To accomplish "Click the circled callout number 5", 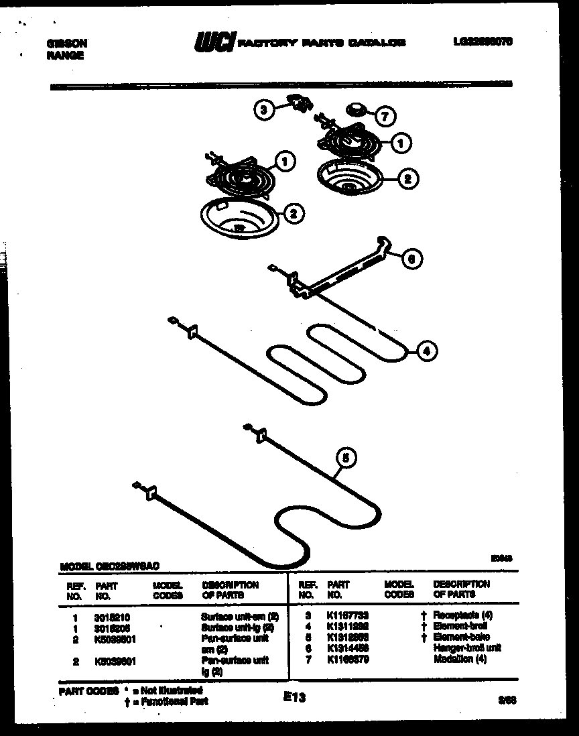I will point(345,458).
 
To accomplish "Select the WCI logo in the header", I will point(214,43).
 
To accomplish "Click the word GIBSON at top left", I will point(66,43).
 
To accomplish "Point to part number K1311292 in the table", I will point(348,625).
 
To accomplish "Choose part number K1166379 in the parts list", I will point(348,660).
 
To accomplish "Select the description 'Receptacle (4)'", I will point(462,615).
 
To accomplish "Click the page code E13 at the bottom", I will point(295,698).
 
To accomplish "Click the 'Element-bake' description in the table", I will point(461,637).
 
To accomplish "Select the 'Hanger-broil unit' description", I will point(467,648).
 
